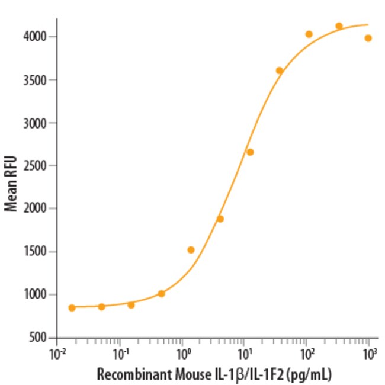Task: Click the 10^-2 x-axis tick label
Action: tap(57, 355)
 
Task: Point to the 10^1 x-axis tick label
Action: tap(245, 355)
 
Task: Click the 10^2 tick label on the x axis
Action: tap(307, 355)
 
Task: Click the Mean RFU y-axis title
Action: tap(10, 184)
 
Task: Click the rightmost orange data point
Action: tap(368, 38)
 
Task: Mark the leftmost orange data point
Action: tap(72, 307)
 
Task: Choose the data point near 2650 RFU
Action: tap(250, 152)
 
